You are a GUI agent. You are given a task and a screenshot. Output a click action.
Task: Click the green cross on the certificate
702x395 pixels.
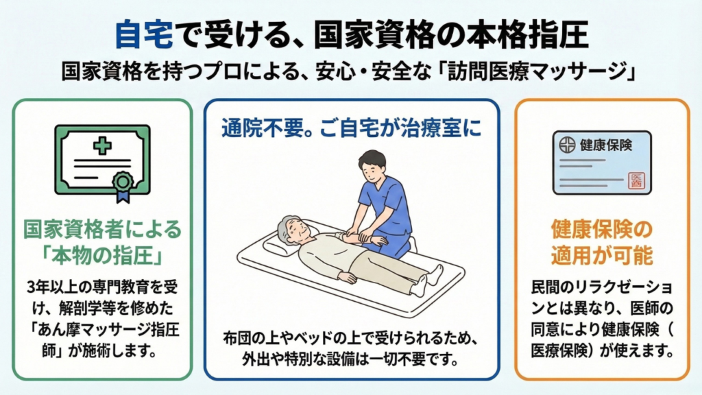pos(103,145)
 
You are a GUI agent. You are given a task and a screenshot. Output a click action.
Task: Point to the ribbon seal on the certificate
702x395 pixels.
pos(123,186)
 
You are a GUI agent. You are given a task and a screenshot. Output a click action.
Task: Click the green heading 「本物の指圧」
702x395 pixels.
pos(102,256)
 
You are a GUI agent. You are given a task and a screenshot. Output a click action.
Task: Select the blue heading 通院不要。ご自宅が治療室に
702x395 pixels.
pos(352,128)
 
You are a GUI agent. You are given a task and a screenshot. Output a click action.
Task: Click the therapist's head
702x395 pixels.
pos(372,166)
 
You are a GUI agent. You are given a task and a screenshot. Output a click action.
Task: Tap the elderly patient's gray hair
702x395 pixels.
pos(286,228)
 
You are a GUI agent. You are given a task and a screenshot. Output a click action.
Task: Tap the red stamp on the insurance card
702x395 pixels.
pos(636,181)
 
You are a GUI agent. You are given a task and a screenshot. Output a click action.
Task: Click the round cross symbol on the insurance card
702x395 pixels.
pos(567,145)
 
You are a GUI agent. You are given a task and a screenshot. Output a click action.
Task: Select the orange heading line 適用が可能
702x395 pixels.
pos(602,256)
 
